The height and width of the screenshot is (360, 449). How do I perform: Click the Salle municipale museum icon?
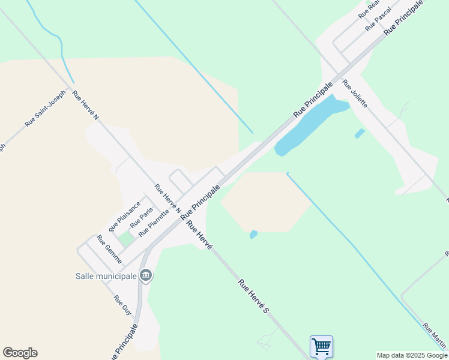coord(146,275)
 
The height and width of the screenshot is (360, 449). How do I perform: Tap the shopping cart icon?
coord(321,346)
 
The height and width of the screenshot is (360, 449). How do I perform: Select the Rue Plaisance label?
coord(125,216)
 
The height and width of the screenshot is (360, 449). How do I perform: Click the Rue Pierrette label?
coord(154,223)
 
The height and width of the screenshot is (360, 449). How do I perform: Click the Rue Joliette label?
coord(355,93)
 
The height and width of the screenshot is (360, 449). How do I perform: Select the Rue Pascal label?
coord(378,19)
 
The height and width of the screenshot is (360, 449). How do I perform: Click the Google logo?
coord(20,353)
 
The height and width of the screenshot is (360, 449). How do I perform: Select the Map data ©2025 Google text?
coord(412,355)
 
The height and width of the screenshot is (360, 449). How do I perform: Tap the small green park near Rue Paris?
coord(126,239)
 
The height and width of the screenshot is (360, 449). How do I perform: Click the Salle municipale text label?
coord(106,276)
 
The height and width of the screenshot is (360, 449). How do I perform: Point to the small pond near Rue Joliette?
coord(360,133)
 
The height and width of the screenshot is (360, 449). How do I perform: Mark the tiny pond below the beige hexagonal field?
coord(253,234)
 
